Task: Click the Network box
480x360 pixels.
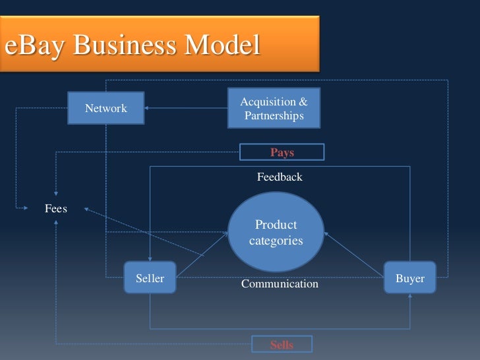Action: (x=106, y=108)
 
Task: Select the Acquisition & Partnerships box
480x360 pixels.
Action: (x=274, y=108)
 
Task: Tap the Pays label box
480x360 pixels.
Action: (x=282, y=152)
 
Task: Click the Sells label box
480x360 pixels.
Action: (x=282, y=344)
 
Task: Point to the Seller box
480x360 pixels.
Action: (x=150, y=278)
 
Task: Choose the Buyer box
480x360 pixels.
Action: (x=410, y=278)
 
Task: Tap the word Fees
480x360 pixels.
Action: (x=55, y=208)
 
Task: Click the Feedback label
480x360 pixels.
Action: (x=280, y=177)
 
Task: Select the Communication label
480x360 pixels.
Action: (x=280, y=284)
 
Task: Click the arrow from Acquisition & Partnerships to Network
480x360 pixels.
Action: (x=186, y=108)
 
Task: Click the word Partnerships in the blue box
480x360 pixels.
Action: (x=274, y=116)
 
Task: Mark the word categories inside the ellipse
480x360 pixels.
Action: (x=276, y=241)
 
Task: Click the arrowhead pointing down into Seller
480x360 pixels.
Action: (x=150, y=258)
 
